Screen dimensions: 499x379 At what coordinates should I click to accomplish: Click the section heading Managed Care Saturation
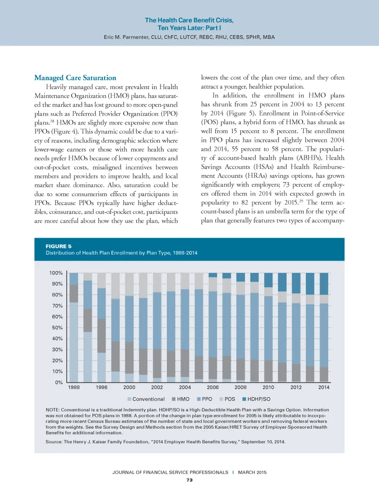tap(75, 78)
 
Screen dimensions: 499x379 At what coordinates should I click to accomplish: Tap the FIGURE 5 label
tap(58, 246)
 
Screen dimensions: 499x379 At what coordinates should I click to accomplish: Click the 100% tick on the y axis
tap(56, 273)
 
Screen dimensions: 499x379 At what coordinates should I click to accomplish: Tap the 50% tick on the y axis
tap(57, 328)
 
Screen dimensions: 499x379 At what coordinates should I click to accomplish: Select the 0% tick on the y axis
tap(59, 382)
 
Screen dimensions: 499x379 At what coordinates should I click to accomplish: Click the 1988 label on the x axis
tap(74, 387)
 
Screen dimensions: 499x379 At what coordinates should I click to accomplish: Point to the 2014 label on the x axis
tap(324, 387)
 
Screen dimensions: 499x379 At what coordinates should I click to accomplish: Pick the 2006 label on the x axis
tap(213, 387)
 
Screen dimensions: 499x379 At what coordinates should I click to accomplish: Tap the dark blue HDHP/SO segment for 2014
tap(324, 284)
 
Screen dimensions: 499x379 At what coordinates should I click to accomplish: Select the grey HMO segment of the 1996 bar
tap(101, 336)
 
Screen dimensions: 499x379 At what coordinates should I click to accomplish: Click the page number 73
tap(189, 480)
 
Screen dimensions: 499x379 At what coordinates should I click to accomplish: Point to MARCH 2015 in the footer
tap(252, 472)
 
